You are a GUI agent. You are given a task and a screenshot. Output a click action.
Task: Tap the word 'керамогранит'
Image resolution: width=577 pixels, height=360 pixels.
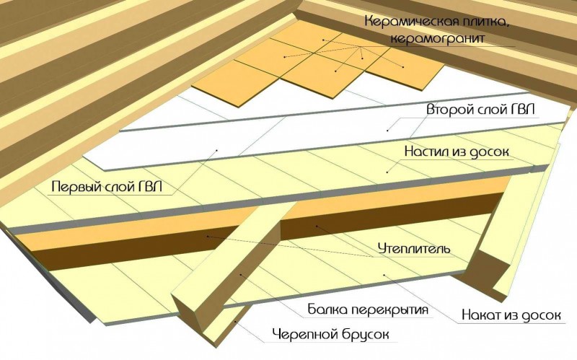[437, 39]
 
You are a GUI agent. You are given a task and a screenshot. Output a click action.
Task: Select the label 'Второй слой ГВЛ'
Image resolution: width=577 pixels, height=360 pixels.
[480, 110]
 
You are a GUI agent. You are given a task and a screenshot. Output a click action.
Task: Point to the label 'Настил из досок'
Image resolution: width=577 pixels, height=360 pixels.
[457, 152]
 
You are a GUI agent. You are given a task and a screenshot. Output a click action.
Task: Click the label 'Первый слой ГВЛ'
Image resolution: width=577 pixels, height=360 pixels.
[107, 186]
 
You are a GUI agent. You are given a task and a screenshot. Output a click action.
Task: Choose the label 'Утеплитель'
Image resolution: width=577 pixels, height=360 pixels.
[414, 249]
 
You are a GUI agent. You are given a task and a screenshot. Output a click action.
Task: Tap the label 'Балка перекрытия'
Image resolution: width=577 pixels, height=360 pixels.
[368, 309]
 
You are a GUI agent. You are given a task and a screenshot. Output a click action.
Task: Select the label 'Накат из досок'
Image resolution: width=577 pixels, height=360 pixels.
[511, 315]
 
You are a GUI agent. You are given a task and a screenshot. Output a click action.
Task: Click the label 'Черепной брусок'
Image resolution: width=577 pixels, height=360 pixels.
[330, 335]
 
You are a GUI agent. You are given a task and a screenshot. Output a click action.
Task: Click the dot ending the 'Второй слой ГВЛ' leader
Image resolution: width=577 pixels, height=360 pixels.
[387, 130]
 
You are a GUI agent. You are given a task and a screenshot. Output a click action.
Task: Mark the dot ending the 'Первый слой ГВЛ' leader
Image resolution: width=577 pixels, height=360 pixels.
[216, 150]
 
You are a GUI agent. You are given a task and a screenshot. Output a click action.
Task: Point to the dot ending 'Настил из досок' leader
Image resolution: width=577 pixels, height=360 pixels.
[387, 172]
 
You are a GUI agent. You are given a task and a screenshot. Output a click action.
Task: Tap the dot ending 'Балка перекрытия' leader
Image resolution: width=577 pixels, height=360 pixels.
[241, 274]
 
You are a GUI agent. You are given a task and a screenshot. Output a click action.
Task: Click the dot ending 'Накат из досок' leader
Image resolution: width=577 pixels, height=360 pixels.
[383, 274]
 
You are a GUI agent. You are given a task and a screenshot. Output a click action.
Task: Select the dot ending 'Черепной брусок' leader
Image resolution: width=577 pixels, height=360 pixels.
[236, 321]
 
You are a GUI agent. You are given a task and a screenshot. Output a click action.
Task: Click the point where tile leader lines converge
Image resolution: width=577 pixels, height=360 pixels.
[360, 47]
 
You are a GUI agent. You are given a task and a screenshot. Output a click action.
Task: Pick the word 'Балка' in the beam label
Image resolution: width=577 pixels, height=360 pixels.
[327, 309]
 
